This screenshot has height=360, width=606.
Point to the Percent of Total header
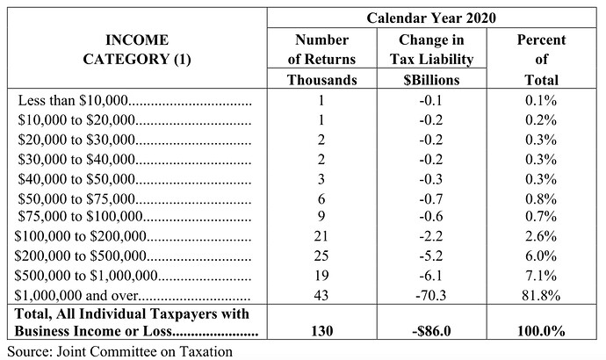click(541, 60)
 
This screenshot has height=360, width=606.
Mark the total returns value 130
click(322, 331)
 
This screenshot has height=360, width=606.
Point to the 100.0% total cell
click(541, 331)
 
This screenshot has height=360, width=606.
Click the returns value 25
click(322, 256)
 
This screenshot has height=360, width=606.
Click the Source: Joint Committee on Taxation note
click(119, 351)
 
